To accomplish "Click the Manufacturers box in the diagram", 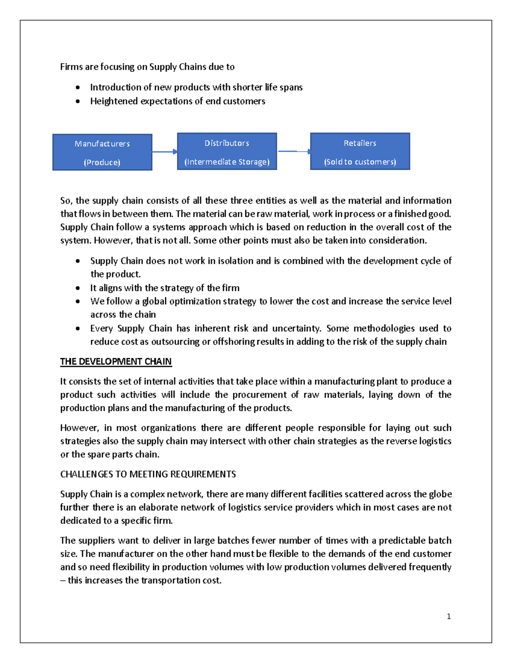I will tap(102, 152).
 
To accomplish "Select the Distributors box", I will tap(227, 152).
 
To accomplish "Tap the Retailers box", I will tap(360, 152).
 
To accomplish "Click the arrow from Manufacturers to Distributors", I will tap(164, 152).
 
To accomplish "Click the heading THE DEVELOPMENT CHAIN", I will tap(116, 362).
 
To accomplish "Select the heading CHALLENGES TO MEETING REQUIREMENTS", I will tap(148, 474).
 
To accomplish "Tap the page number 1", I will tap(448, 616).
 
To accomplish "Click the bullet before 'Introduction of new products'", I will tap(78, 88).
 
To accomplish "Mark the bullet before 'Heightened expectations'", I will tap(78, 102).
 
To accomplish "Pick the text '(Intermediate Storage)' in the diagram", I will tap(227, 162).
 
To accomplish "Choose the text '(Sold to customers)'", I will tap(360, 162).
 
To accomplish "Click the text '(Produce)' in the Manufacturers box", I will tap(102, 162).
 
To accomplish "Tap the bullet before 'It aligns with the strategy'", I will tap(78, 288).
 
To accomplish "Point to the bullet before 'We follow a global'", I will tap(78, 301).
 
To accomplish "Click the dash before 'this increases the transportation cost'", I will tap(63, 581).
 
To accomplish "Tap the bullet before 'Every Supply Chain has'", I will tap(78, 329).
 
